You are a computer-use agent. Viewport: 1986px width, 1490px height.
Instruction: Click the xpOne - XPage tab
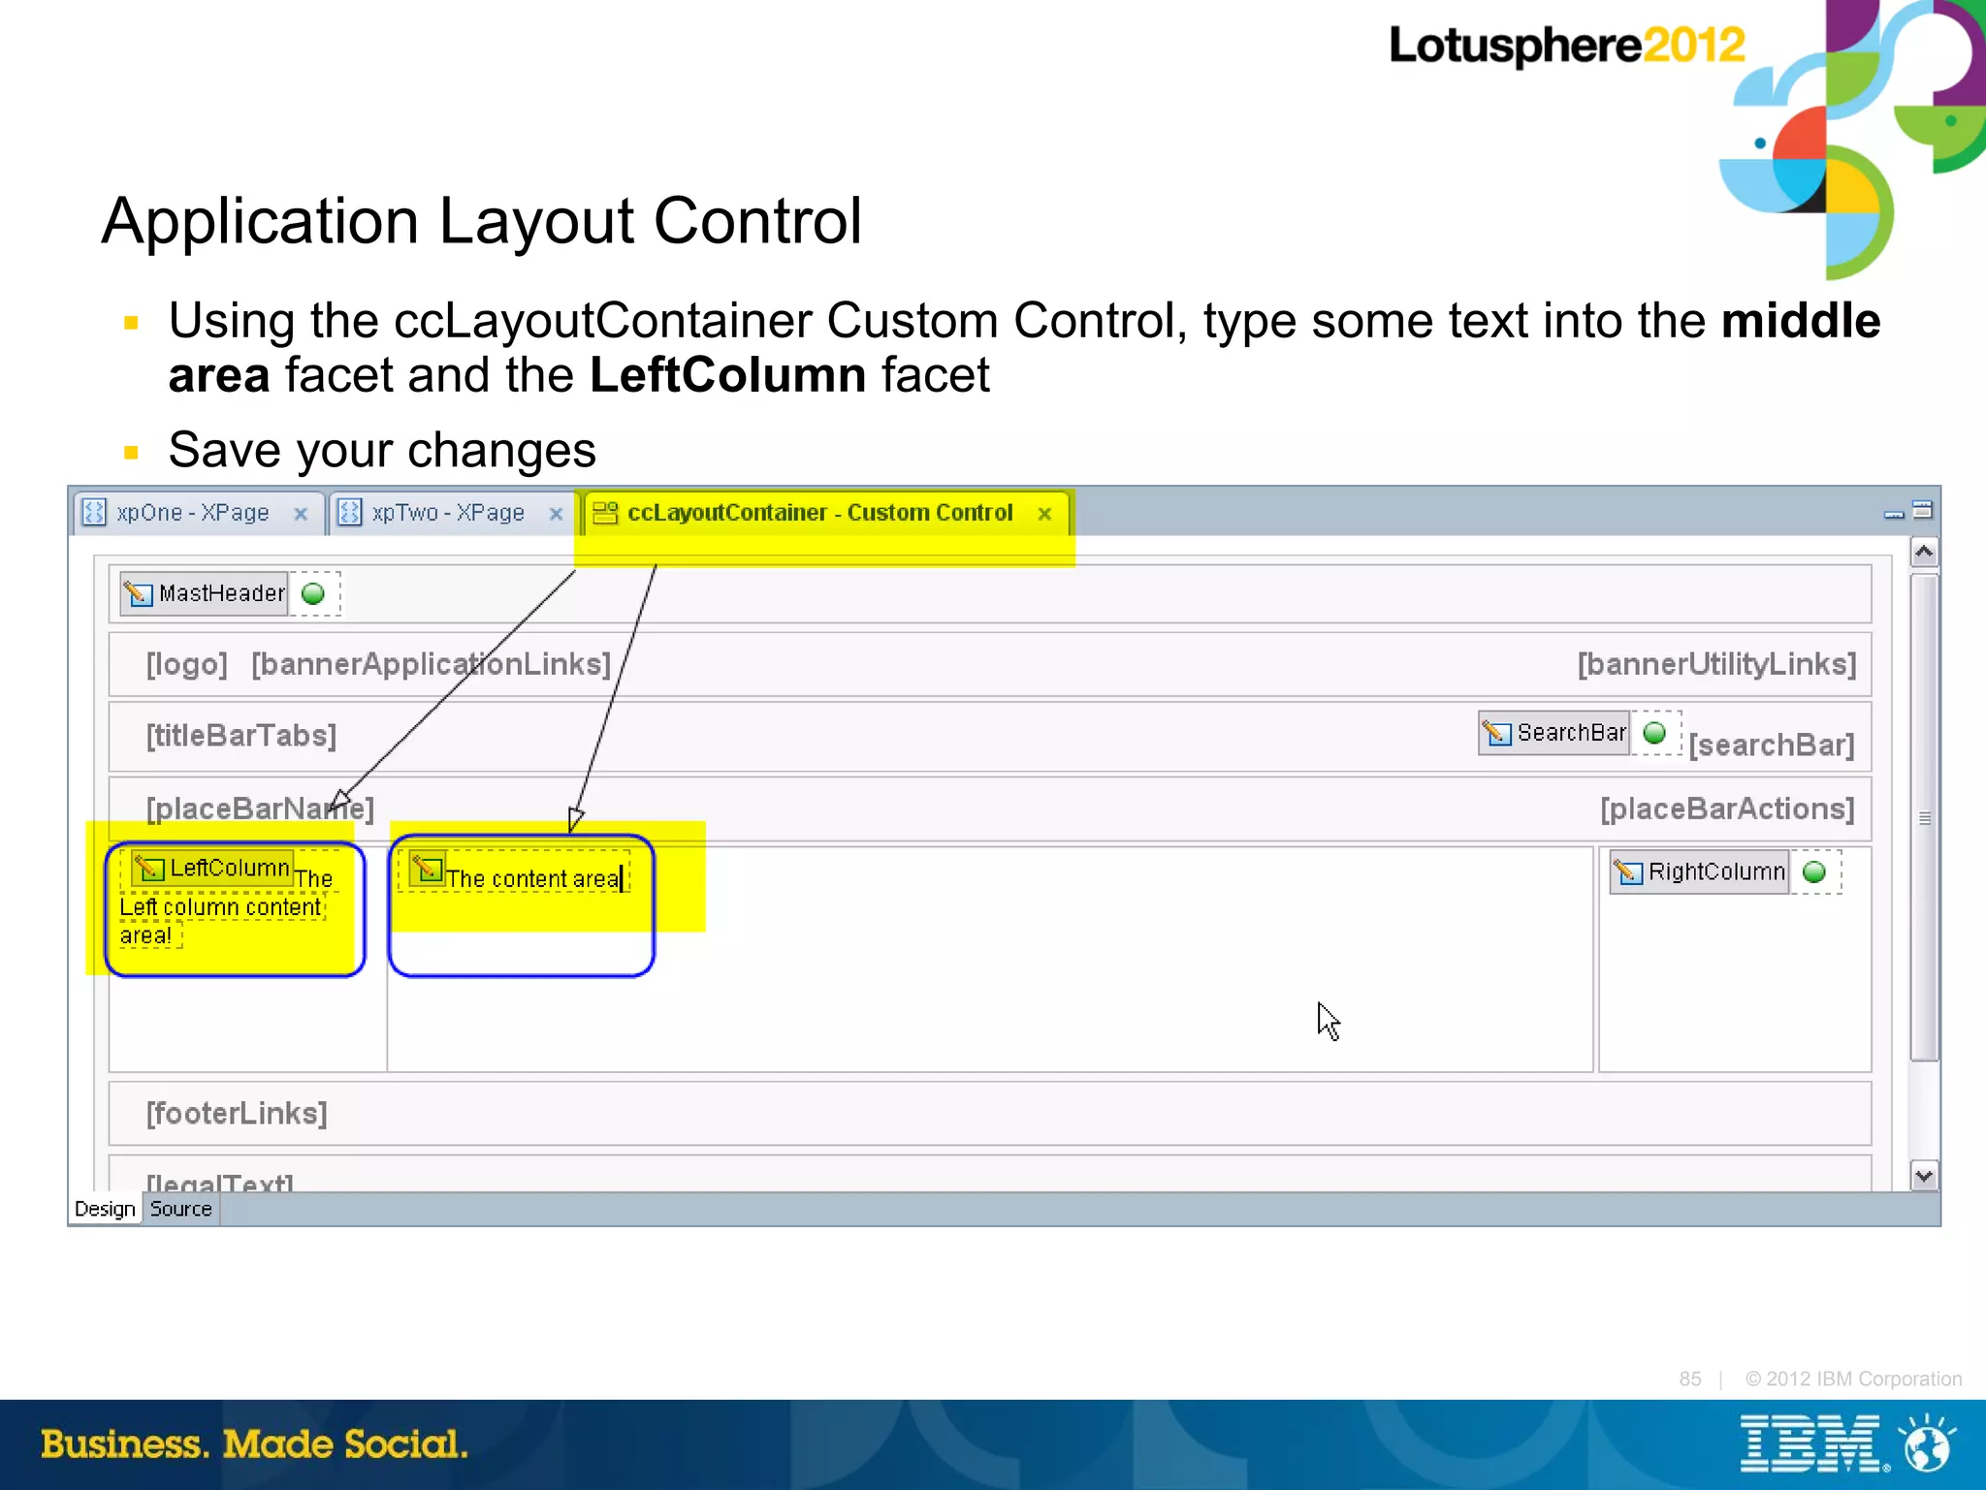click(x=192, y=513)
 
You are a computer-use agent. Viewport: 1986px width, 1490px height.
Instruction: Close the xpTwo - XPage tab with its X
click(x=556, y=514)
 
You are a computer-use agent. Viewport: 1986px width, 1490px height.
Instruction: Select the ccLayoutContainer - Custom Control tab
click(x=819, y=513)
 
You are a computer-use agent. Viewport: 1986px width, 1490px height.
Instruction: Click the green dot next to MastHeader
click(x=313, y=593)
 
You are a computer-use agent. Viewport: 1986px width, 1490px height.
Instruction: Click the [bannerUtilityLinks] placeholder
click(x=1715, y=664)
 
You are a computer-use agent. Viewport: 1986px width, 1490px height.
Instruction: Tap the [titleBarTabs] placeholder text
click(x=241, y=736)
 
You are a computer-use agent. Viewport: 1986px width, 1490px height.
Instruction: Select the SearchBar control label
click(x=1570, y=733)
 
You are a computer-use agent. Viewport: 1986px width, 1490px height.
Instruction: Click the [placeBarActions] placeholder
click(x=1726, y=808)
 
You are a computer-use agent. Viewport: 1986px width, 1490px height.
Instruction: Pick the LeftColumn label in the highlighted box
click(x=229, y=868)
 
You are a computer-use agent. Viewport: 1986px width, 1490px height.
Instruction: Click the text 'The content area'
click(x=531, y=878)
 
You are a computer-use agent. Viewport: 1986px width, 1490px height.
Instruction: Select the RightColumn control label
click(x=1715, y=872)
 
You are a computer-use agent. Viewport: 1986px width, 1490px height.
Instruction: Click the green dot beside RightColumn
click(x=1814, y=872)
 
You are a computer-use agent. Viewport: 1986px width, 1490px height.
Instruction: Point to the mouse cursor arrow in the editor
click(x=1327, y=1019)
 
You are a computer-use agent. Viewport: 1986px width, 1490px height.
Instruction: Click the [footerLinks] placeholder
click(x=237, y=1113)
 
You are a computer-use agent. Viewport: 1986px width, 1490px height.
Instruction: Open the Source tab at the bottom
click(x=180, y=1209)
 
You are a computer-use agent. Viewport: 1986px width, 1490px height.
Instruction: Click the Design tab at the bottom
click(x=105, y=1209)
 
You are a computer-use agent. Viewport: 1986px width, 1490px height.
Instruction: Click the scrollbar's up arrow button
click(x=1924, y=552)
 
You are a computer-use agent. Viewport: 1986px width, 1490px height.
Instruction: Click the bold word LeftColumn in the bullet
click(x=727, y=375)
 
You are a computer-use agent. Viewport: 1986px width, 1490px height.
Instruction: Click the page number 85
click(x=1689, y=1379)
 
